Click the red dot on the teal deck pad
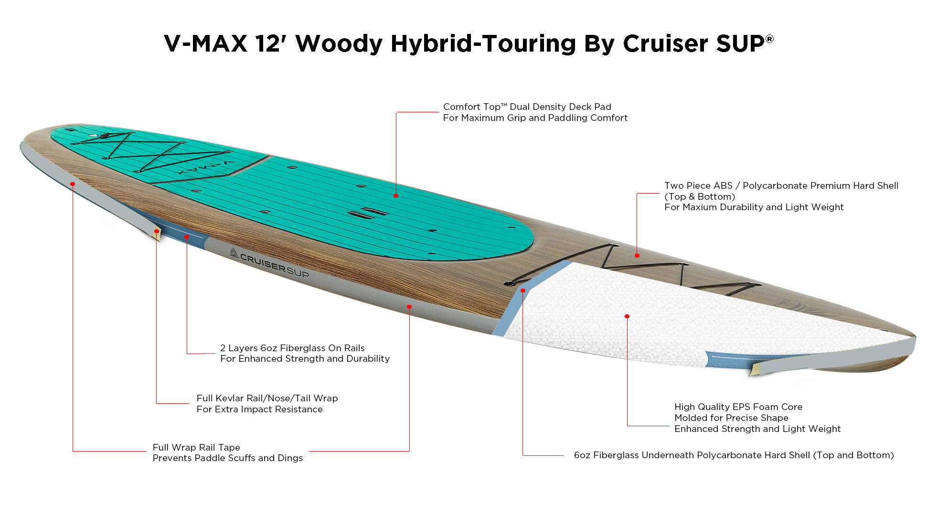point(396,196)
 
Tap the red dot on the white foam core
point(627,316)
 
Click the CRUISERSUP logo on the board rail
point(269,264)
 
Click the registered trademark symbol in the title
point(769,39)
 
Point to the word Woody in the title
point(339,43)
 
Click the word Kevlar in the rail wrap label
point(231,398)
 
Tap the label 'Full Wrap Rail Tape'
point(196,447)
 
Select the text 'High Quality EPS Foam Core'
point(738,407)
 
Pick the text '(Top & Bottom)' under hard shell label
point(700,196)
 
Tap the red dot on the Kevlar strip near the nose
point(157,231)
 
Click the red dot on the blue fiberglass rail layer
point(187,237)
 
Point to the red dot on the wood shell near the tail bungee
point(637,256)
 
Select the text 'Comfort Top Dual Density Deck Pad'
point(527,107)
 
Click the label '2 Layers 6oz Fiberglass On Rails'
point(292,348)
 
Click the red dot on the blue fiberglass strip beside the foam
point(523,291)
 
